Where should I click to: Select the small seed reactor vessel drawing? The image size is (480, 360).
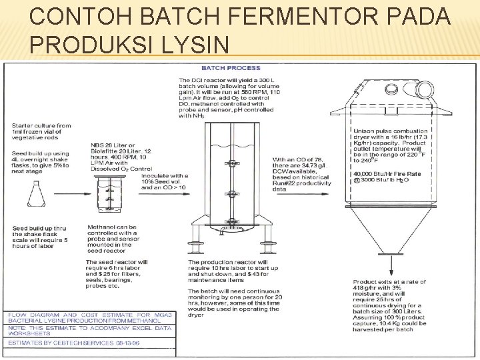[x=111, y=194]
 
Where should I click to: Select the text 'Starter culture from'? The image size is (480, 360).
[x=41, y=125]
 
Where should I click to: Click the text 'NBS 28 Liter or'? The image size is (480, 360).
[x=113, y=146]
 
